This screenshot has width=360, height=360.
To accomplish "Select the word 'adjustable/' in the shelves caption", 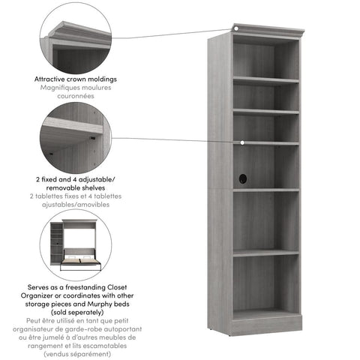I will (x=100, y=180).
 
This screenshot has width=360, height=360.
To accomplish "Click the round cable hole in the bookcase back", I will (x=242, y=178).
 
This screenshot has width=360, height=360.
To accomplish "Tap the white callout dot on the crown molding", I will (x=235, y=29).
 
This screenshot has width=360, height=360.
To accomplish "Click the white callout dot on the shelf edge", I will (x=243, y=142).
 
